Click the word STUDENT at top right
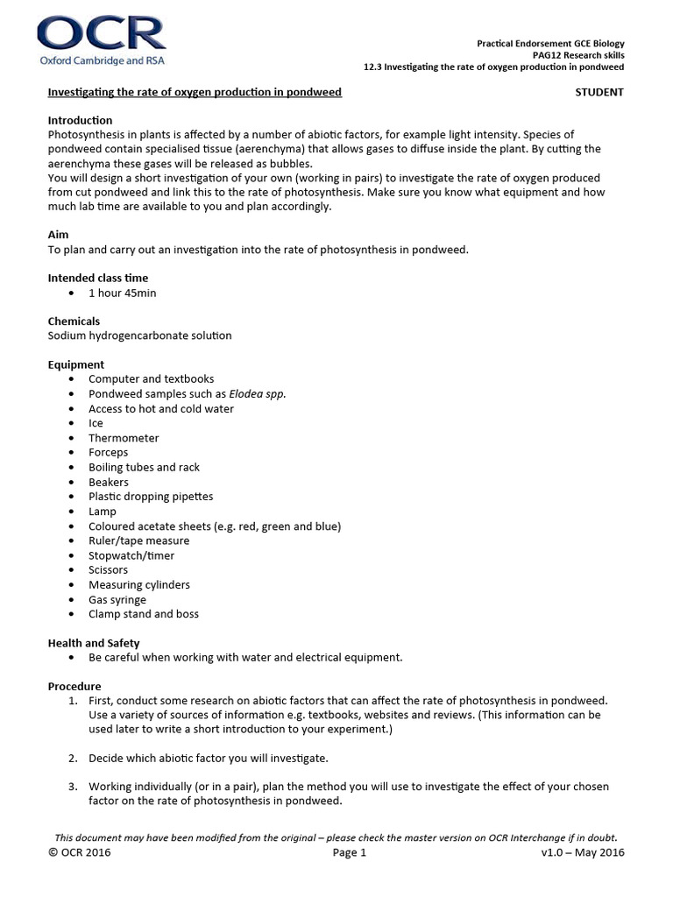coord(599,92)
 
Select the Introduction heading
coord(80,120)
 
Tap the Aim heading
coord(58,235)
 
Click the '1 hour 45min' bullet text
coord(122,293)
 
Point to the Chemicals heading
coord(74,321)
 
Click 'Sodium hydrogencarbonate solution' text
coord(139,335)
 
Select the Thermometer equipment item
coord(124,438)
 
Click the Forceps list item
coord(108,453)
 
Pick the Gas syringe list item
coord(117,599)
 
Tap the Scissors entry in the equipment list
coord(108,570)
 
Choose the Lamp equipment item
coord(102,512)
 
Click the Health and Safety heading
coord(93,643)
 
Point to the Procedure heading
coord(74,687)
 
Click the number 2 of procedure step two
coord(72,757)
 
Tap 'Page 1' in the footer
coord(350,852)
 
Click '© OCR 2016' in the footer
coord(81,852)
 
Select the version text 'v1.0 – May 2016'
coord(583,852)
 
